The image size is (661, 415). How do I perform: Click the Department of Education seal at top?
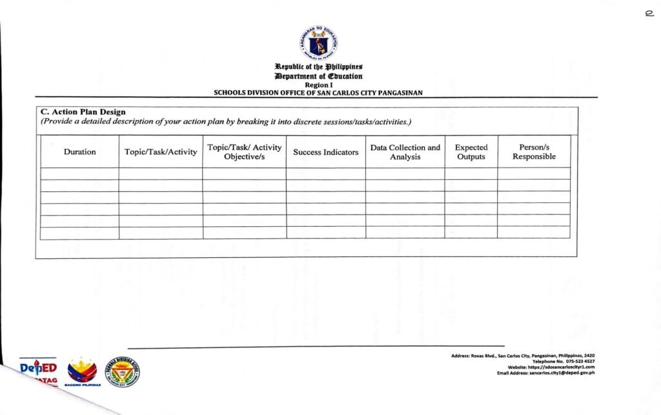click(x=318, y=44)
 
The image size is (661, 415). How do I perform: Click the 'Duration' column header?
click(x=79, y=152)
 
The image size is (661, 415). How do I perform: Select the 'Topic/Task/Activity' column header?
click(x=161, y=152)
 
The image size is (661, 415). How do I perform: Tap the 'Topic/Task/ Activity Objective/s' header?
click(x=244, y=152)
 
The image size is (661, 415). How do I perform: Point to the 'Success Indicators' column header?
click(x=325, y=152)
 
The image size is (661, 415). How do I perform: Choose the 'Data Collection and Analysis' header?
click(x=405, y=152)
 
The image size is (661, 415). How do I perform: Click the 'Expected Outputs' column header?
click(x=471, y=152)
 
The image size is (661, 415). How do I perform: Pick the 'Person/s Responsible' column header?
click(x=534, y=152)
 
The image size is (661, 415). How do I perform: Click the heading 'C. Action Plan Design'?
click(x=83, y=112)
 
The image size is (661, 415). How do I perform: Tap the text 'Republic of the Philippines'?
click(x=318, y=67)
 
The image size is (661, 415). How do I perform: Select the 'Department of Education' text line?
click(x=318, y=76)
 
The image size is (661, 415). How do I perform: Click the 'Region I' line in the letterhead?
click(x=318, y=84)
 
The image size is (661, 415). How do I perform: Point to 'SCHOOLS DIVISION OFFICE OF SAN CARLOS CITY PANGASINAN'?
click(x=318, y=93)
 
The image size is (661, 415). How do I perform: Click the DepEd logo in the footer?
click(x=38, y=369)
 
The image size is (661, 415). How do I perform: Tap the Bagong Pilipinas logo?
click(x=83, y=372)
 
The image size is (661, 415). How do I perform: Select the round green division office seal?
click(x=123, y=371)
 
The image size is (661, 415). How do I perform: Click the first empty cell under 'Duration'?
click(x=79, y=173)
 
